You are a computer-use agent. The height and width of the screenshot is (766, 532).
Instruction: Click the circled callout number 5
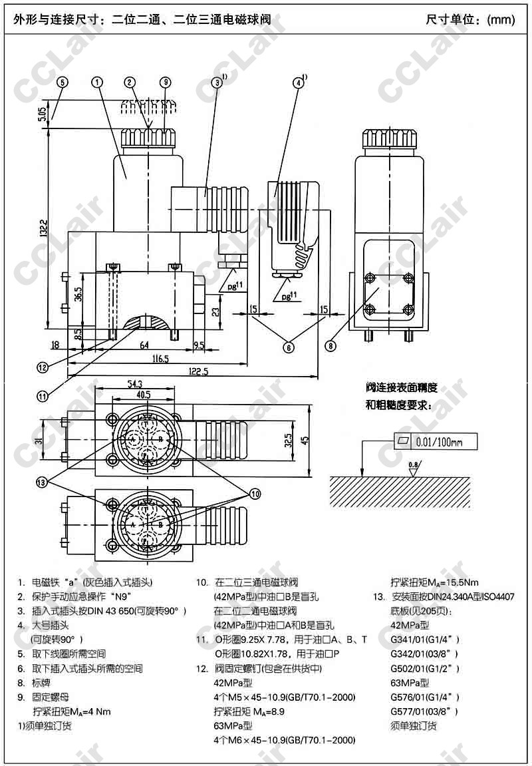[63, 83]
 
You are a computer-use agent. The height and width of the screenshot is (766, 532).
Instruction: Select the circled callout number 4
[299, 83]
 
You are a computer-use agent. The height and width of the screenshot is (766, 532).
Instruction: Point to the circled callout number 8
[331, 345]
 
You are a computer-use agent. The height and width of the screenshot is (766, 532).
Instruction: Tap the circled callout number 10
[255, 492]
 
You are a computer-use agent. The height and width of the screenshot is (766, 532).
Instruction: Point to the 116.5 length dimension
[160, 359]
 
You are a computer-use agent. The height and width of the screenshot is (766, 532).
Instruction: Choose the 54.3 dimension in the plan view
[135, 383]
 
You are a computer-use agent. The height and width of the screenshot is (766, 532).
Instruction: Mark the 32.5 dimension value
[287, 441]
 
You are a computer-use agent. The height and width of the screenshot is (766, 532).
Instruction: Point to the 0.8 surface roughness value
[414, 465]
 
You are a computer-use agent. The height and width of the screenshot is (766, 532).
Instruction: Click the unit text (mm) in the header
[501, 19]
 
